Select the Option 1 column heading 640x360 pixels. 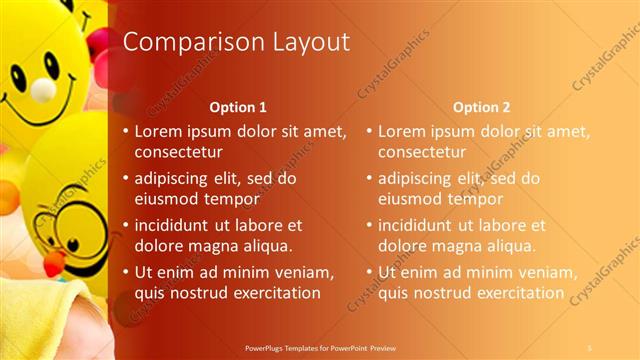click(x=237, y=106)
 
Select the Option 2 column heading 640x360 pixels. click(x=481, y=106)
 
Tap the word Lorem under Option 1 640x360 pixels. click(x=157, y=131)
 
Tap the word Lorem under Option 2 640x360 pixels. click(x=400, y=131)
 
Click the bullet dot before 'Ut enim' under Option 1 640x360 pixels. click(x=125, y=272)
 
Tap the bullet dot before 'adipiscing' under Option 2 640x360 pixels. click(x=369, y=179)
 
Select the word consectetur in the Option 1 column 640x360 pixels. click(x=179, y=151)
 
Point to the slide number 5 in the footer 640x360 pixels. click(x=590, y=348)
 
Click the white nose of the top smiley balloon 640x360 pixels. click(x=43, y=91)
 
